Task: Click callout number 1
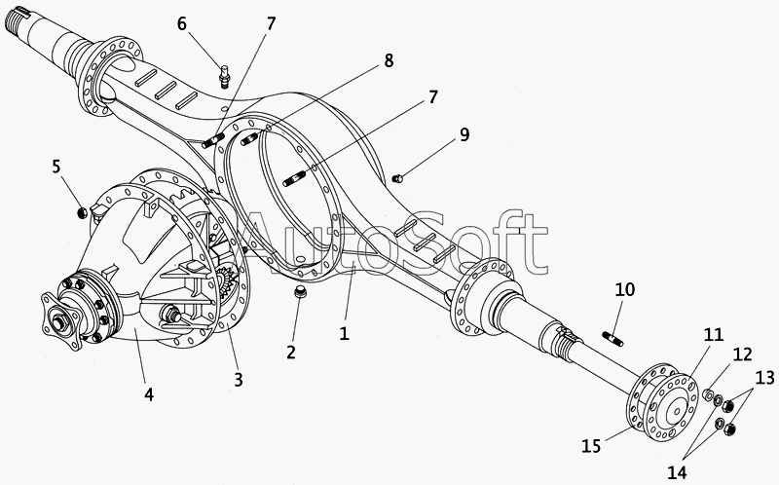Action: [x=344, y=333]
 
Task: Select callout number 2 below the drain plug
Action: [x=291, y=352]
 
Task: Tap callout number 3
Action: [x=239, y=380]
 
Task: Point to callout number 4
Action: [x=149, y=394]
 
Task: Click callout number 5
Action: [x=56, y=167]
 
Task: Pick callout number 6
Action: [x=182, y=23]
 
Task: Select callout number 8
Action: [x=389, y=60]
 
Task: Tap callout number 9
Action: [x=464, y=134]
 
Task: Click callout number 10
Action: [x=625, y=289]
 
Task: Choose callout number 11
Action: [x=714, y=334]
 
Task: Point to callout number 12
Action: [x=742, y=354]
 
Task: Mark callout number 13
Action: [x=764, y=378]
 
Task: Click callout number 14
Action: [x=677, y=472]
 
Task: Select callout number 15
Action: [x=591, y=446]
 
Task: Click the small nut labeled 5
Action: [x=83, y=212]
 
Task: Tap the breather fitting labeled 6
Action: [x=225, y=76]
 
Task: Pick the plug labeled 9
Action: [x=396, y=178]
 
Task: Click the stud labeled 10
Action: [x=613, y=338]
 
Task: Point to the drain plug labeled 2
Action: [x=300, y=292]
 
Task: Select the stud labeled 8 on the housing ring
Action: [x=250, y=139]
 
